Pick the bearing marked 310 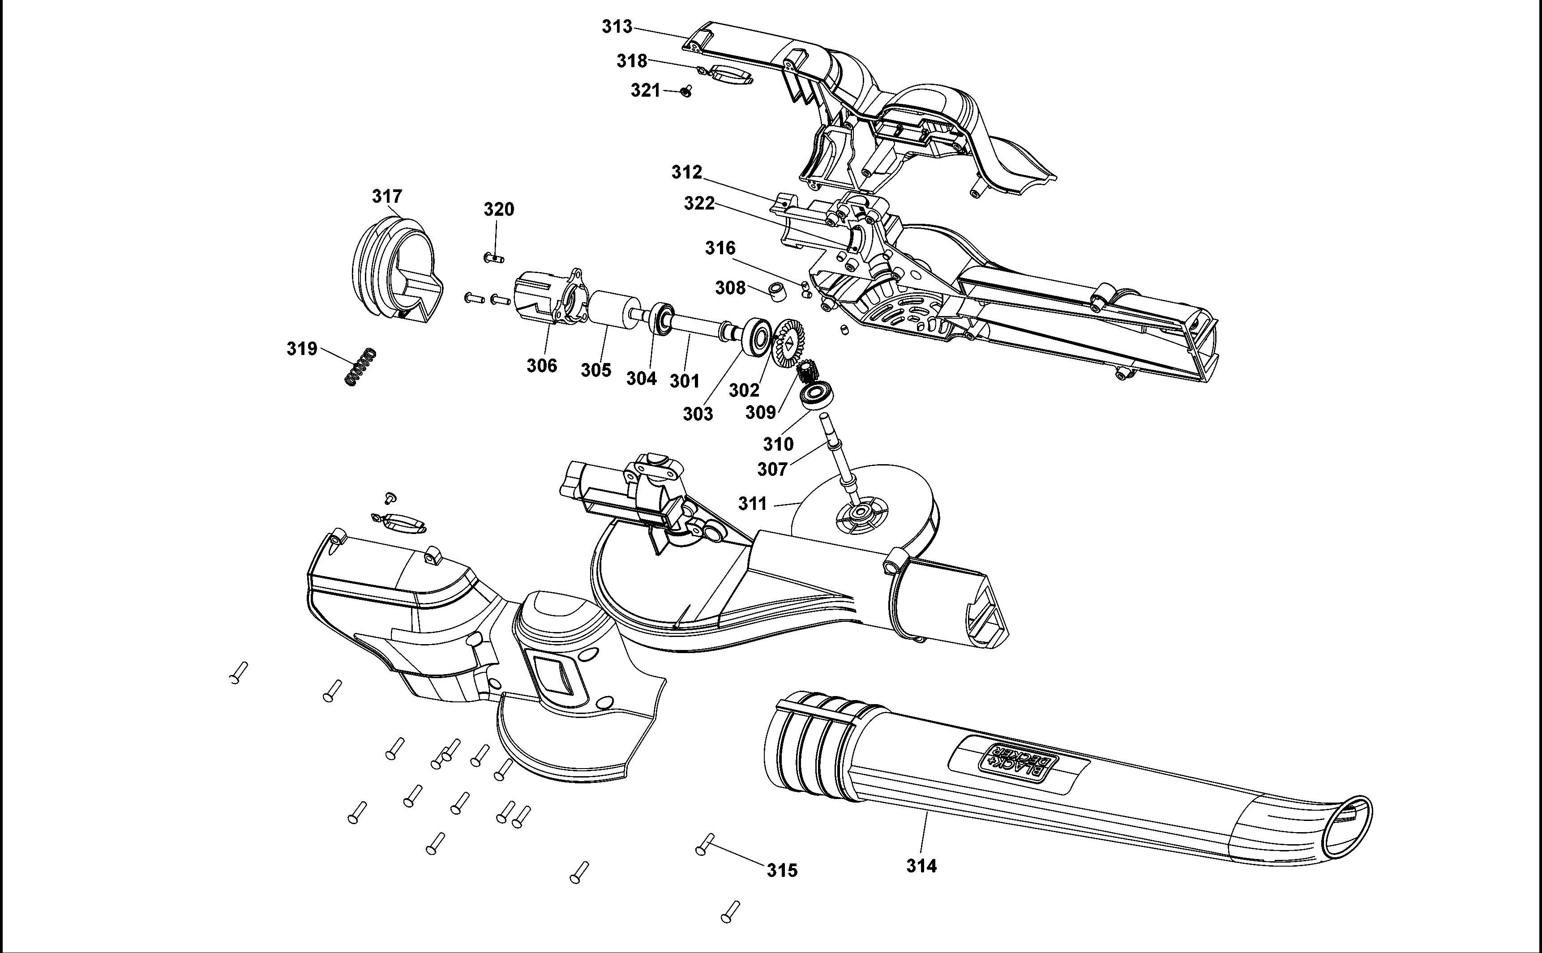coord(817,395)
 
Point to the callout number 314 coord(921,866)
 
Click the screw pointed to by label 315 coord(704,845)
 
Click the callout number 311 coord(752,504)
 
